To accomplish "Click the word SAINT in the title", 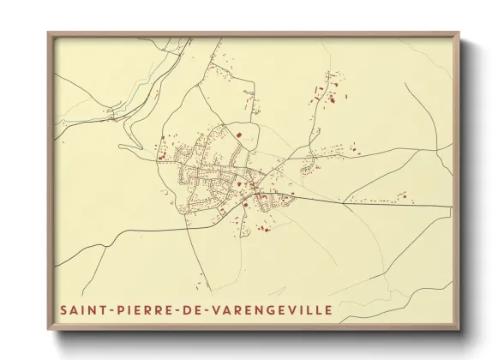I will [82, 307].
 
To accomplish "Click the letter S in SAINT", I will [63, 307].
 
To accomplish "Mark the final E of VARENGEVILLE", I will [327, 307].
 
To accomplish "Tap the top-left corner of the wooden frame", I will [48, 33].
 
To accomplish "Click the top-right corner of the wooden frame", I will [460, 33].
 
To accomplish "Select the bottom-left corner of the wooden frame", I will [48, 330].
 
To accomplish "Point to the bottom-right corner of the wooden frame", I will [460, 330].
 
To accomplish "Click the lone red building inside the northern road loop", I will [241, 135].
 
